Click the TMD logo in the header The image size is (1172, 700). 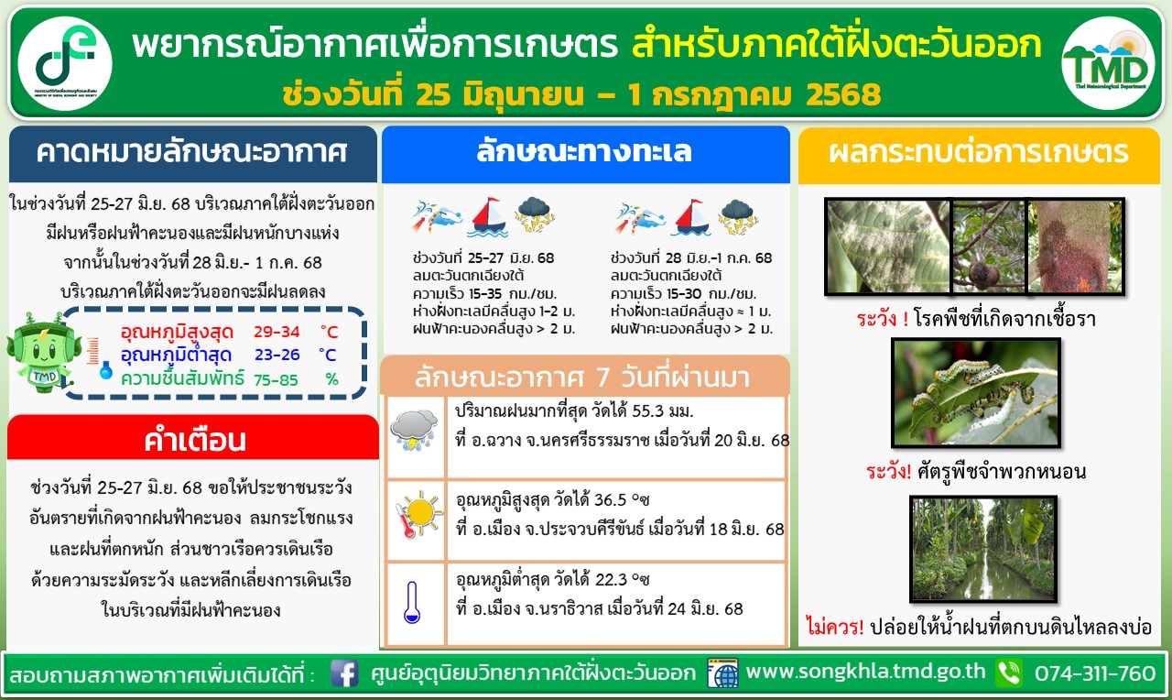1108,64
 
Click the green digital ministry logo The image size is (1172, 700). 65,63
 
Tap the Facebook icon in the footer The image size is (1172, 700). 344,673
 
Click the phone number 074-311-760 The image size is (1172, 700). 1094,673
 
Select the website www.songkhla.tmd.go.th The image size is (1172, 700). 865,672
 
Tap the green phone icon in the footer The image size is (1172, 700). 1009,673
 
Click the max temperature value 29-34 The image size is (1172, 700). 277,332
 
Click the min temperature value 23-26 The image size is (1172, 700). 277,355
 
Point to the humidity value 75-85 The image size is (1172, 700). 276,379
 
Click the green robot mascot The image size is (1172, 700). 43,351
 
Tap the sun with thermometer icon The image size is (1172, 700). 418,514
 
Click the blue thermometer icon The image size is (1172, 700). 412,602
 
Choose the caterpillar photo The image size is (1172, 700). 976,393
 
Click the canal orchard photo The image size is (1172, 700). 983,549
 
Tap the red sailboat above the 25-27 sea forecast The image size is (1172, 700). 488,217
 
